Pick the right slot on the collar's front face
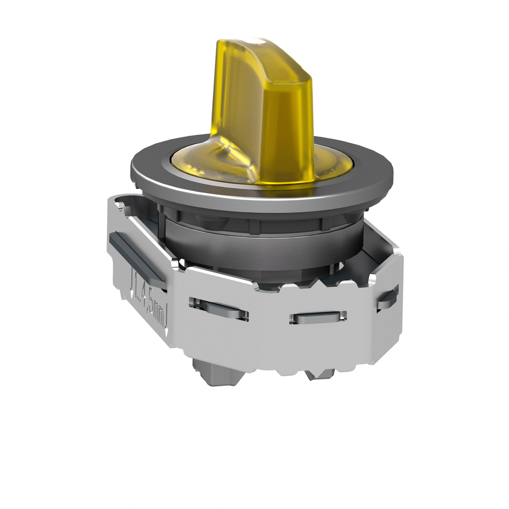[318, 317]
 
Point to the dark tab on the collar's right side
[388, 298]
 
